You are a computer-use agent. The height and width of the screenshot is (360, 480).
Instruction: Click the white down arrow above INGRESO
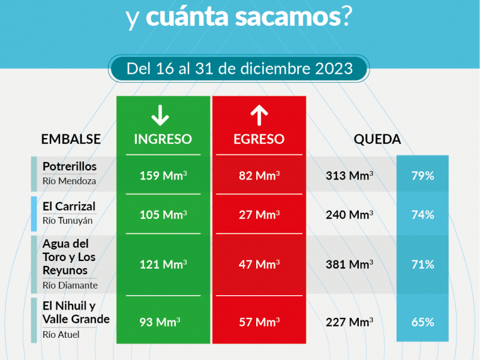[160, 115]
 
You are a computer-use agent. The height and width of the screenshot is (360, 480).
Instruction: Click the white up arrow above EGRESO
[258, 115]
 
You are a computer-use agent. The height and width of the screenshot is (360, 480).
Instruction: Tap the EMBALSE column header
[71, 139]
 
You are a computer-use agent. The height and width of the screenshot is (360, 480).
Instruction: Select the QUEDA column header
[377, 139]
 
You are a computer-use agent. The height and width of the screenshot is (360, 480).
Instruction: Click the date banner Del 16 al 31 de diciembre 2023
[239, 68]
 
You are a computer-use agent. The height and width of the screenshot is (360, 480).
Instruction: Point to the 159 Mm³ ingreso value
[163, 176]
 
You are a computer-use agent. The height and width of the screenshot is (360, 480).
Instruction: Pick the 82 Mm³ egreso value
[259, 176]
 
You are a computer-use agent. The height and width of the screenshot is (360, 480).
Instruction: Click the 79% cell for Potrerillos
[422, 176]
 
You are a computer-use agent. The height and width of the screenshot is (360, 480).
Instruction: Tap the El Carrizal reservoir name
[69, 206]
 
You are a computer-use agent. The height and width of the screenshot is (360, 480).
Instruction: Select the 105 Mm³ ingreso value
[163, 214]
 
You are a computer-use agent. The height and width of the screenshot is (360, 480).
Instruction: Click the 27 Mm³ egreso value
[259, 214]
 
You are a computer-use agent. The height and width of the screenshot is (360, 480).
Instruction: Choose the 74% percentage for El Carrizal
[422, 214]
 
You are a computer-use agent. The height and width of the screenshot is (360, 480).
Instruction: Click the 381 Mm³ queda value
[349, 264]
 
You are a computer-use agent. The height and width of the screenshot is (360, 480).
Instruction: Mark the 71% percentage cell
[422, 264]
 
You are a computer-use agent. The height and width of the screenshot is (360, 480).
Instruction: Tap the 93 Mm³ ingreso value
[160, 322]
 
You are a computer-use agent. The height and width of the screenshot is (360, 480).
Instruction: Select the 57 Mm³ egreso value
[259, 322]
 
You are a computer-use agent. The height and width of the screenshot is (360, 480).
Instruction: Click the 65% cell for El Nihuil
[422, 322]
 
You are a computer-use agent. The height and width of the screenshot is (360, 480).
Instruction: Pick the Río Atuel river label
[61, 335]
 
